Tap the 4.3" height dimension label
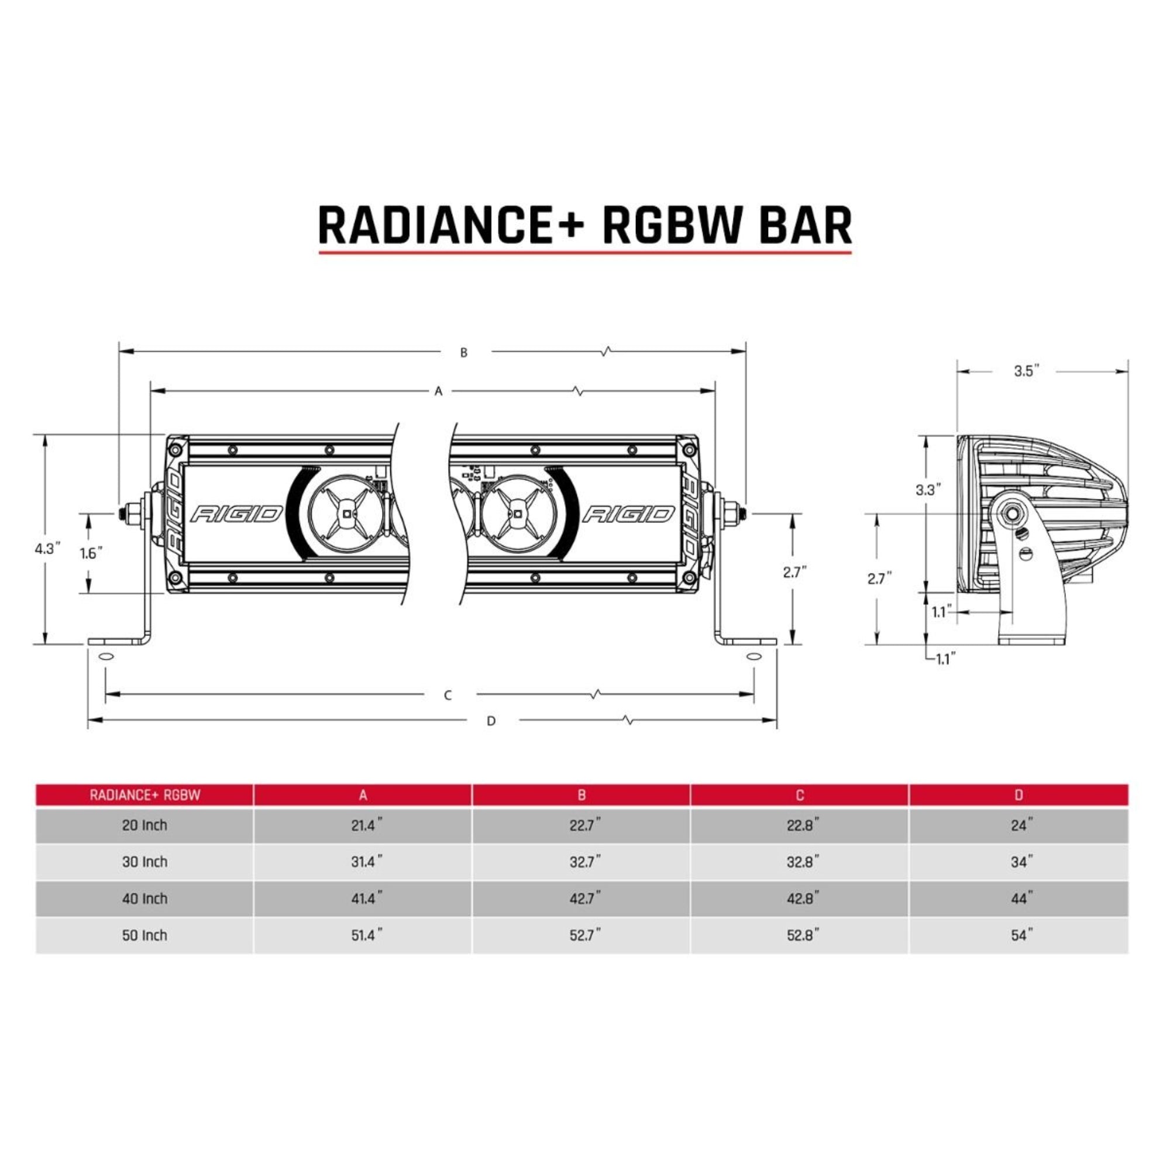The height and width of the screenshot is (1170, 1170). (x=49, y=549)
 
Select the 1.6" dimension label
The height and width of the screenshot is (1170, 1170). (x=91, y=553)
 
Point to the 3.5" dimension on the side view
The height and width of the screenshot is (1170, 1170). (x=1027, y=371)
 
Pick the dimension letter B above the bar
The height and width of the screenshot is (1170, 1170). (x=464, y=352)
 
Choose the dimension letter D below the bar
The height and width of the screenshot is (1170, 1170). (x=491, y=721)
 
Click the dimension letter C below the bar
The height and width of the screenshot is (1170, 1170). (x=448, y=695)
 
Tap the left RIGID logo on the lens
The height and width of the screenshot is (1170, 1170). (x=237, y=515)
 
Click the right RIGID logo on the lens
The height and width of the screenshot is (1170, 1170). (x=629, y=515)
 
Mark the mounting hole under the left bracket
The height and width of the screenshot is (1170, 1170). (x=105, y=657)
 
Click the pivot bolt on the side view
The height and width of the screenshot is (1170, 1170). (x=1011, y=514)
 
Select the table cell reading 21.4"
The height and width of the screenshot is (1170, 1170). (x=366, y=825)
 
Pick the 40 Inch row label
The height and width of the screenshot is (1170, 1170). (x=144, y=899)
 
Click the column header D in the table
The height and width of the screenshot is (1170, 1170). (x=1018, y=795)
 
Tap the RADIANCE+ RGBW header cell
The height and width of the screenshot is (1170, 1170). (x=144, y=795)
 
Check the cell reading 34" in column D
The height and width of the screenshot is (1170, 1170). (x=1021, y=862)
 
